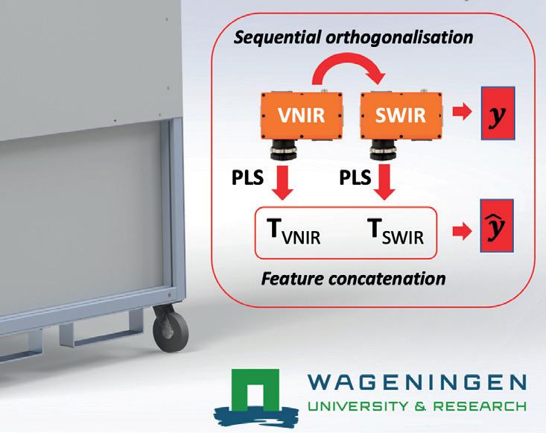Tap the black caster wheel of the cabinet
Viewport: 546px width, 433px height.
(x=164, y=326)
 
